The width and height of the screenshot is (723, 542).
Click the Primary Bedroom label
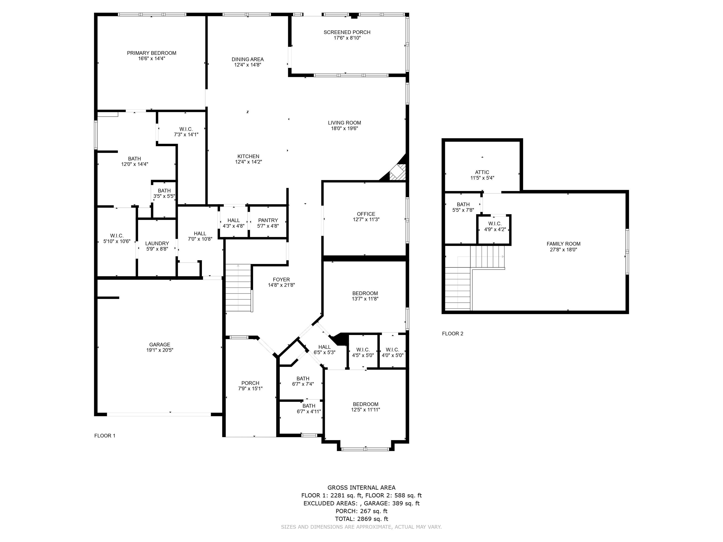click(x=151, y=53)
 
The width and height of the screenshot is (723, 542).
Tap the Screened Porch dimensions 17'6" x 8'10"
click(x=347, y=38)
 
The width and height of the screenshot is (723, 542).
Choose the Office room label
click(x=366, y=214)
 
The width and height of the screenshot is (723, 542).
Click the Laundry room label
click(x=157, y=243)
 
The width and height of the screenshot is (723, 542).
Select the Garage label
click(x=160, y=344)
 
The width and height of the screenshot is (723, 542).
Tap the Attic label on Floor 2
click(x=482, y=172)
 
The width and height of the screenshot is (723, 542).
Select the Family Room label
click(x=563, y=244)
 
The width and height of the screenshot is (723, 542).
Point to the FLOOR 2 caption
click(x=452, y=334)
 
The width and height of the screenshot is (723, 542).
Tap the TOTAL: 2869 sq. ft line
click(x=361, y=518)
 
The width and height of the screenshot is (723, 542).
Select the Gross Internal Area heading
click(x=361, y=488)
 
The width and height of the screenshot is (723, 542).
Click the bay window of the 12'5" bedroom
click(x=365, y=449)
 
